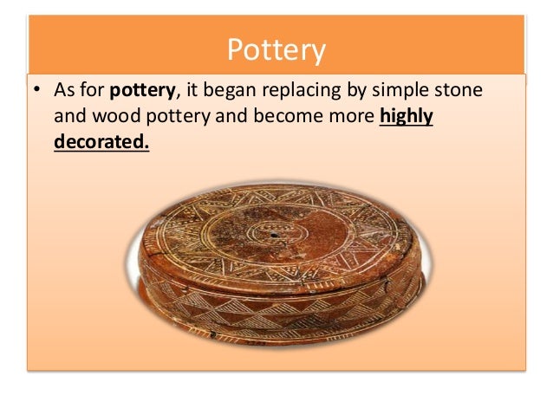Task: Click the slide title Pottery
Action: click(276, 50)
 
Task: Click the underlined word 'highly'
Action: click(407, 117)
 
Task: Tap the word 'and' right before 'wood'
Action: click(68, 117)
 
